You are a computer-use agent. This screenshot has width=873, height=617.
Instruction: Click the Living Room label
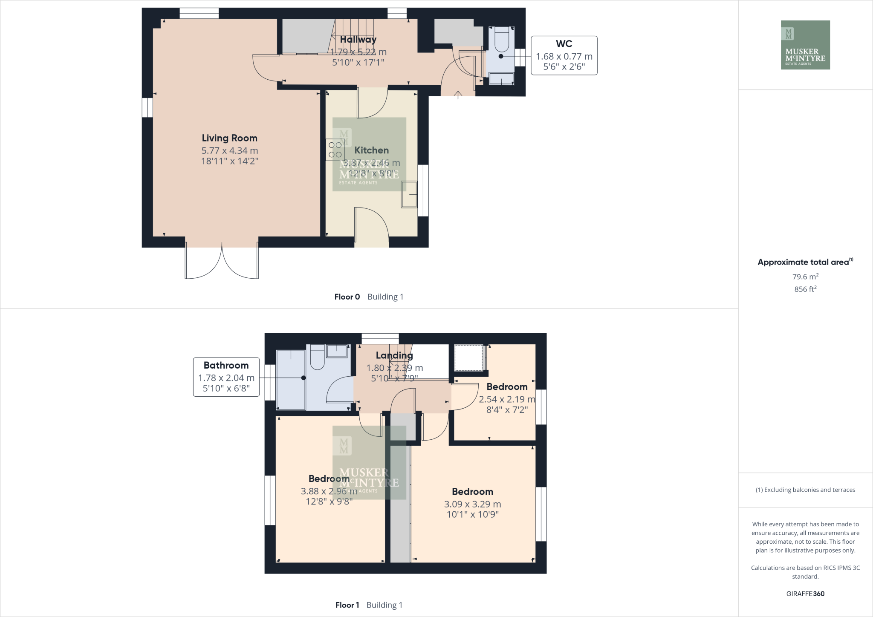point(229,138)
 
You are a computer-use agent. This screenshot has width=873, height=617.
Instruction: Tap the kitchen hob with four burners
point(335,150)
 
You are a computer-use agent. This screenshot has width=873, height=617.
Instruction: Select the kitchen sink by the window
point(409,195)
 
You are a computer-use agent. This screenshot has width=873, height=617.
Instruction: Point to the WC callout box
point(564,55)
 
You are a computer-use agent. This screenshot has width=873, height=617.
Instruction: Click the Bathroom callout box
point(226,377)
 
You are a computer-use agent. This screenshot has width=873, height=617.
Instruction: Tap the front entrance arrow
point(458,95)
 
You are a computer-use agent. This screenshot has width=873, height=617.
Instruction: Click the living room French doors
point(222,262)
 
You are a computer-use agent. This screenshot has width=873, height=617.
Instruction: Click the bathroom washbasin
point(337,352)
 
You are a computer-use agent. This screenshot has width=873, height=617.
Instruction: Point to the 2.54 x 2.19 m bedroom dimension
point(506,399)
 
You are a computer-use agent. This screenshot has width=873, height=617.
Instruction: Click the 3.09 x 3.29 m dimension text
point(472,504)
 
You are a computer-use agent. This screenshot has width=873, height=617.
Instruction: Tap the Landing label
point(394,355)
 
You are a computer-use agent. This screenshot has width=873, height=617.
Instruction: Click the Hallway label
point(358,40)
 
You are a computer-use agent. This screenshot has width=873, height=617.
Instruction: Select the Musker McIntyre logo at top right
point(805,45)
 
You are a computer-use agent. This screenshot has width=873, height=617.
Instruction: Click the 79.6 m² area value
point(805,277)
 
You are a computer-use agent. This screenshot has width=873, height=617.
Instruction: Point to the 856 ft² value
point(805,289)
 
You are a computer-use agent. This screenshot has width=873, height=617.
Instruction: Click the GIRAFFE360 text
point(805,594)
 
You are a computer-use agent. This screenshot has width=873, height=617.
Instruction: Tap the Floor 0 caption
point(347,297)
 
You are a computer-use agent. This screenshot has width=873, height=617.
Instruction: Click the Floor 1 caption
point(347,605)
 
